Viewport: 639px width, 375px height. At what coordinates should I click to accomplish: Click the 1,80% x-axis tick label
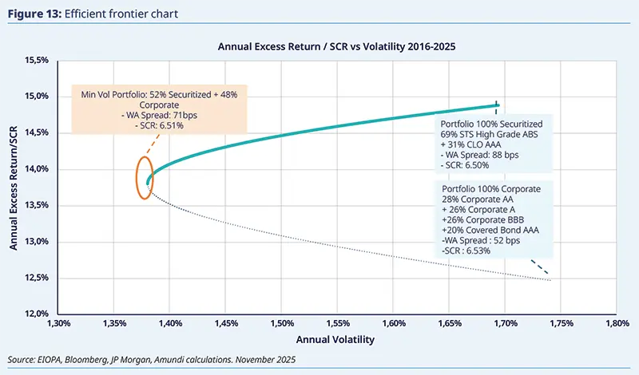point(617,325)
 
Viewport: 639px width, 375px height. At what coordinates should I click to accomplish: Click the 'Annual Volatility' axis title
point(339,339)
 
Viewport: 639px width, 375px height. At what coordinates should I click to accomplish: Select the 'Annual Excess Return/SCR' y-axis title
point(14,187)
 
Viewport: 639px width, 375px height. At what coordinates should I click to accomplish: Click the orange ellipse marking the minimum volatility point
point(145,177)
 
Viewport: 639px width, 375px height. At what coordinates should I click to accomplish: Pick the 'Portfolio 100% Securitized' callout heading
point(491,124)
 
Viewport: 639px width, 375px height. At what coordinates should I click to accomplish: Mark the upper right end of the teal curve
point(498,105)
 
